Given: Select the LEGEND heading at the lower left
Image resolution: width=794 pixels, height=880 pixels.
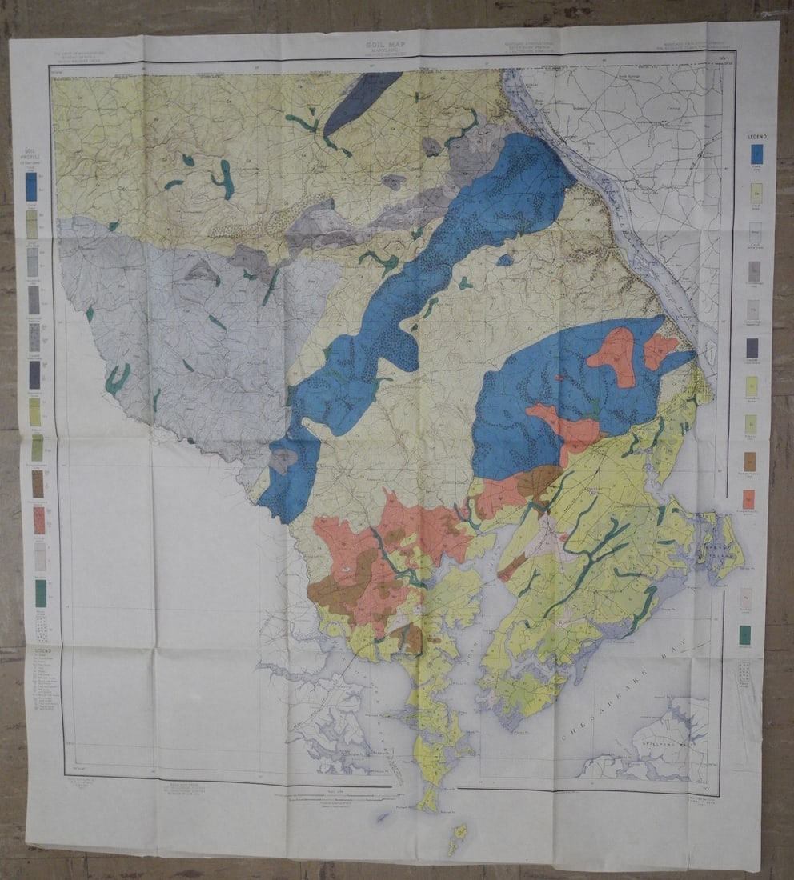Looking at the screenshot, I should click(x=42, y=650).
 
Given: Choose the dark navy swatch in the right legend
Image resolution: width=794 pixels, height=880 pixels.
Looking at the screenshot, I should click(x=752, y=348).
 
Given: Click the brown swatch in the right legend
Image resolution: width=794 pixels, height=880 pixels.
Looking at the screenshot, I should click(x=750, y=462).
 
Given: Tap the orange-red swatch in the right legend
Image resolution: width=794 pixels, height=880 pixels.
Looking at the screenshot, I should click(x=749, y=500).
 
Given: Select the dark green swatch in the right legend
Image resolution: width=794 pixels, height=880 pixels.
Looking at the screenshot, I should click(x=746, y=634).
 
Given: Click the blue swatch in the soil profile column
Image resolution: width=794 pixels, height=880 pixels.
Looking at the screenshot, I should click(x=31, y=186).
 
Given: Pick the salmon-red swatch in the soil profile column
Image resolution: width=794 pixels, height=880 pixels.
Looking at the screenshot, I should click(x=38, y=520).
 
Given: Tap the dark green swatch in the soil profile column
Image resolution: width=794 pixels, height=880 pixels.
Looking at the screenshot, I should click(x=40, y=593).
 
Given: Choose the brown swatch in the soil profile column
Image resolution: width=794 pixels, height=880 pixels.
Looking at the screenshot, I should click(x=38, y=482).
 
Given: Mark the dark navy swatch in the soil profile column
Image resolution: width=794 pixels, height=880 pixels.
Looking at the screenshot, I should click(x=34, y=374).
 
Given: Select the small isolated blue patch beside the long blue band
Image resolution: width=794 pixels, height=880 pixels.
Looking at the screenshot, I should click(x=504, y=260).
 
